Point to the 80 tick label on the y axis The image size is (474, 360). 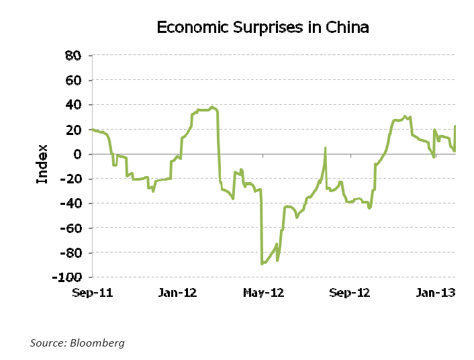[73, 56]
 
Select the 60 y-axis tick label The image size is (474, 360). [73, 81]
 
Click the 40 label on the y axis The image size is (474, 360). [73, 105]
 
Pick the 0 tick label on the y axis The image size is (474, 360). [77, 154]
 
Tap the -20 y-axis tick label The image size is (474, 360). [70, 179]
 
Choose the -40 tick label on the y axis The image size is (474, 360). [70, 204]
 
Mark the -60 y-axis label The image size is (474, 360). [70, 228]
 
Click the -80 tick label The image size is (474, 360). [70, 253]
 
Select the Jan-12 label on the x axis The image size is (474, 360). [178, 293]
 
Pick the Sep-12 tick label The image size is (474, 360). [350, 293]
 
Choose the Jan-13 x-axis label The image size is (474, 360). [435, 293]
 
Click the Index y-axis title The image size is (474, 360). [42, 164]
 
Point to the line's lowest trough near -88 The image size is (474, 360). [262, 264]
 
